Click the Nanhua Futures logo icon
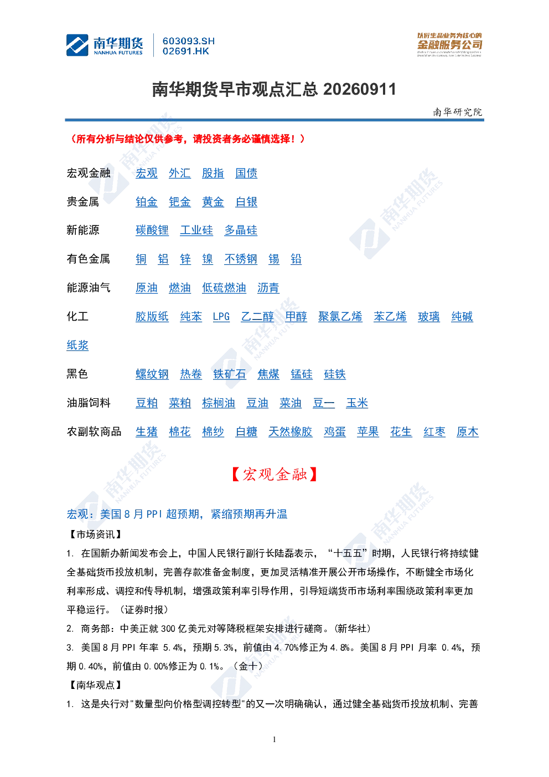click(x=77, y=45)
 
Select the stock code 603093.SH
click(x=189, y=41)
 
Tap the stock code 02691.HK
click(x=186, y=52)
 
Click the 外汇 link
click(x=179, y=173)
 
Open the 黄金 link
click(x=213, y=202)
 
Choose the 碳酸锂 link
click(x=152, y=230)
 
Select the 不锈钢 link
click(x=241, y=259)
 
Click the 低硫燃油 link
click(x=224, y=288)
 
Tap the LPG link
click(x=221, y=317)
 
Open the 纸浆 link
click(x=77, y=346)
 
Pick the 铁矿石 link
click(x=230, y=374)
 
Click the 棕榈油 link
click(x=219, y=403)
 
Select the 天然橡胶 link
click(x=291, y=432)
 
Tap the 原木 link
click(x=467, y=432)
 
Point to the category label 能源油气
click(x=89, y=288)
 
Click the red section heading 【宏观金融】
click(x=274, y=474)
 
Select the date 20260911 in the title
click(x=359, y=90)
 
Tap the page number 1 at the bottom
click(x=274, y=739)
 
